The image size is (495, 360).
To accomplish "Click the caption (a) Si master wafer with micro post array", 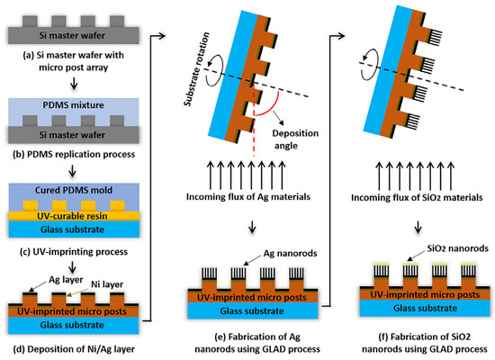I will point(69,60).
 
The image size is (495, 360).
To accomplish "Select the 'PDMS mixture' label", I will point(69,102).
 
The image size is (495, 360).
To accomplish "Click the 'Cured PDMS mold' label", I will point(69,185).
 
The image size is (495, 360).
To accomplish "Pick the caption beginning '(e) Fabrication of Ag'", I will point(257,341).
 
